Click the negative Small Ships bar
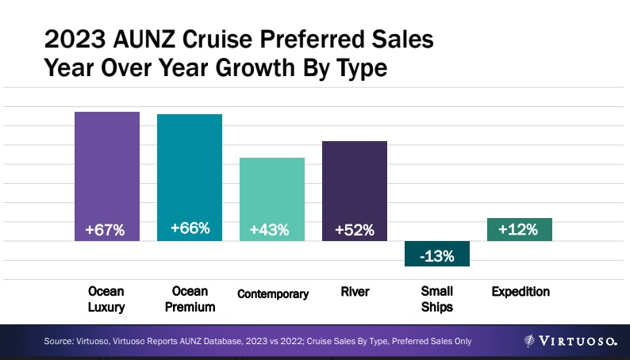click(437, 254)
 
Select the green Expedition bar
click(520, 229)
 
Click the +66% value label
click(190, 229)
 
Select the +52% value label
click(355, 230)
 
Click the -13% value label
click(437, 255)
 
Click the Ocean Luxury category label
click(106, 300)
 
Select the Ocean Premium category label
click(189, 300)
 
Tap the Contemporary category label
click(273, 294)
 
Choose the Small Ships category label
click(437, 300)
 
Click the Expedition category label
click(521, 292)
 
